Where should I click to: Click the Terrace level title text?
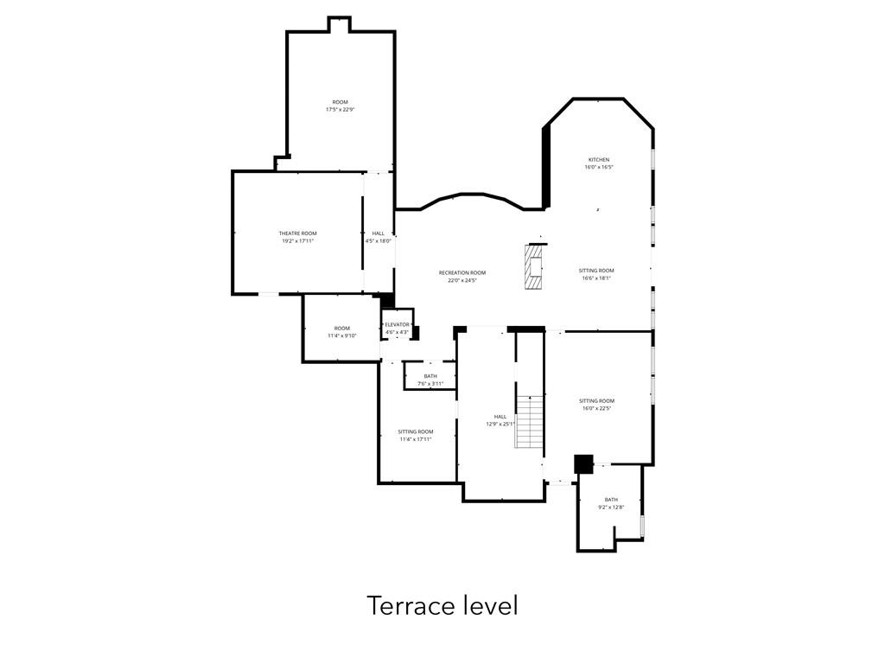coord(442,605)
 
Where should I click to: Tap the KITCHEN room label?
coord(599,160)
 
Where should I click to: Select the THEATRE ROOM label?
coord(297,233)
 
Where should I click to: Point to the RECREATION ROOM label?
coord(462,273)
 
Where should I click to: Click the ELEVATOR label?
coord(397,325)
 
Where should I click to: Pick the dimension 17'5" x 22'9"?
coord(341,110)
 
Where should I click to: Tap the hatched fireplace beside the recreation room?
coord(534,267)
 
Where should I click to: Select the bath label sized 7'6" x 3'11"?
coord(430,376)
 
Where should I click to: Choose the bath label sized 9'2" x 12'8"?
coord(611,500)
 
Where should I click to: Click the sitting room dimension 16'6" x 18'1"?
coord(596,278)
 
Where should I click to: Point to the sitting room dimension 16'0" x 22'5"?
coord(596,409)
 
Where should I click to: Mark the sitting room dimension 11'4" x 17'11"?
coord(416,439)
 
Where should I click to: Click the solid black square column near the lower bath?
coord(583,463)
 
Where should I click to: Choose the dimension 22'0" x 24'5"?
coord(462,281)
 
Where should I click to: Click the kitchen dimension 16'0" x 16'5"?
coord(599,168)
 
